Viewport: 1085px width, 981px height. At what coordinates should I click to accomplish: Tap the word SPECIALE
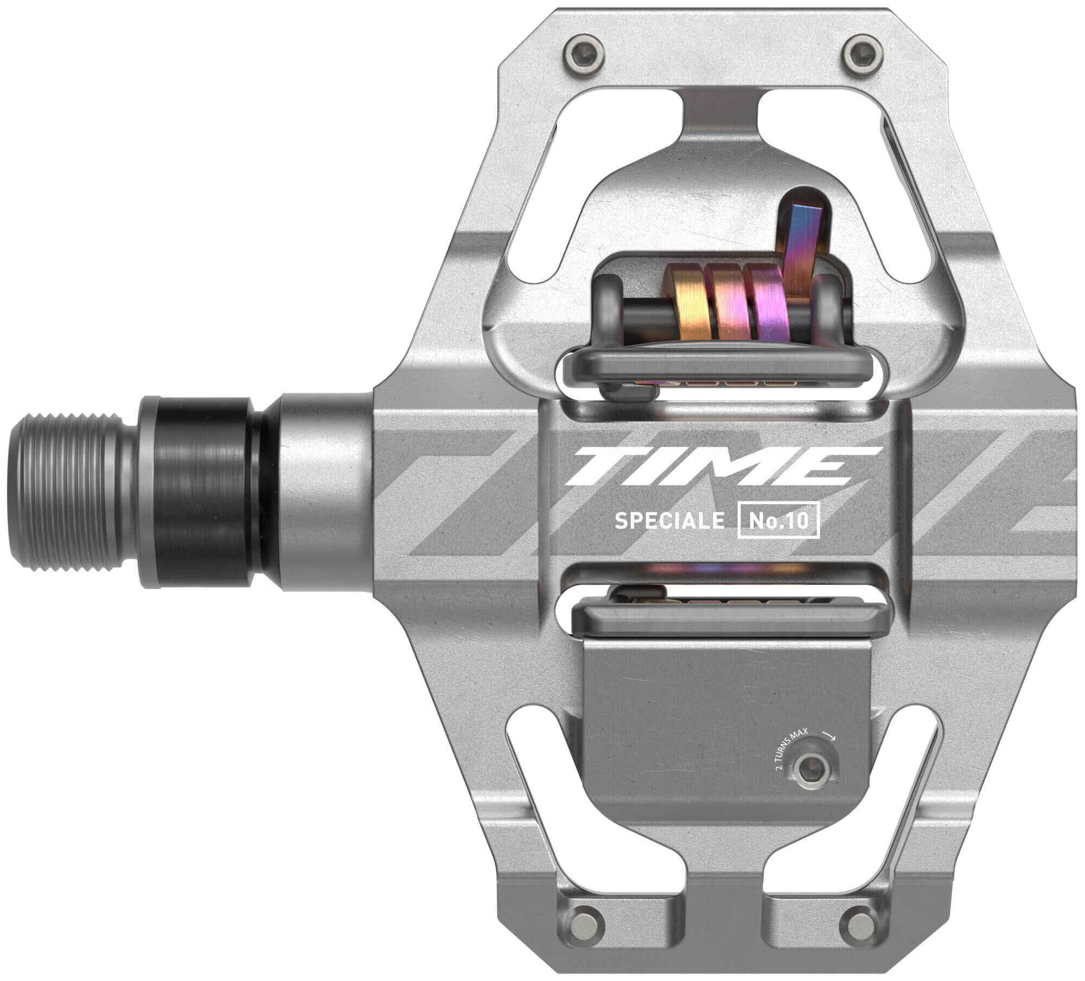click(669, 521)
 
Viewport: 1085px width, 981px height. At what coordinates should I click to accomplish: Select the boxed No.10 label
click(778, 521)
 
